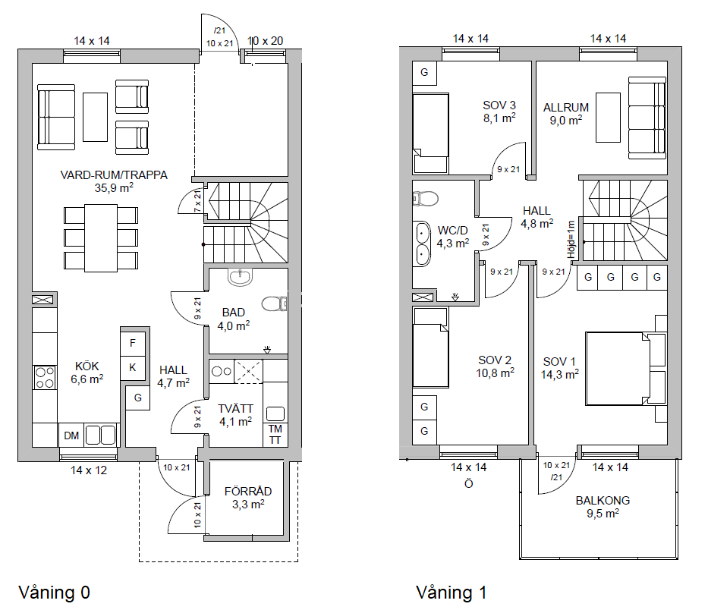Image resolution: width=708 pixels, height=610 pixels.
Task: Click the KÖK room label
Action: [87, 366]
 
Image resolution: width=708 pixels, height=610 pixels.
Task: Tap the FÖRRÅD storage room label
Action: [248, 491]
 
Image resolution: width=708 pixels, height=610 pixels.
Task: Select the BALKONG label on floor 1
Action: [603, 500]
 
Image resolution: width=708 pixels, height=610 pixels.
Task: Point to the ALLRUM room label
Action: [566, 108]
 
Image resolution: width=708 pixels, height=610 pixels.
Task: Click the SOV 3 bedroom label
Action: [499, 105]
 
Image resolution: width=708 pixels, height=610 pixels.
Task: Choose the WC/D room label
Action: [452, 231]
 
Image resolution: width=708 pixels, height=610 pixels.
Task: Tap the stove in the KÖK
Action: [45, 378]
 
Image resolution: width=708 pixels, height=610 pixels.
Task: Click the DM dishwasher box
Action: [71, 435]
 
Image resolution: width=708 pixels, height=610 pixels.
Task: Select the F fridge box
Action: [133, 343]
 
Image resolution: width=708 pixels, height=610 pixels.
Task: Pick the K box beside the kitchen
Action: [133, 367]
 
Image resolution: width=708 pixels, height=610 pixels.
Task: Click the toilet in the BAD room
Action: [274, 304]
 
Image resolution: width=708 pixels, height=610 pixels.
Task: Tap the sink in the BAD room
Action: [241, 277]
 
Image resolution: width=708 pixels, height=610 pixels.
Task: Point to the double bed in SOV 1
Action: [625, 369]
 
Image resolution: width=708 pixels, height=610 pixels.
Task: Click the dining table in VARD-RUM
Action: [101, 238]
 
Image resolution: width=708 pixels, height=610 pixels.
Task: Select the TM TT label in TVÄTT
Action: [275, 435]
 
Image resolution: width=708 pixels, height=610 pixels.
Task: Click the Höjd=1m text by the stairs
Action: [571, 239]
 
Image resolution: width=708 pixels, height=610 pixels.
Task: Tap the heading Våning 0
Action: [54, 593]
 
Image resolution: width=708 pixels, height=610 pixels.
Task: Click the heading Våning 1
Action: [451, 593]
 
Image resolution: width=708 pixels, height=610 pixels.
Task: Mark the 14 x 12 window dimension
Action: [89, 470]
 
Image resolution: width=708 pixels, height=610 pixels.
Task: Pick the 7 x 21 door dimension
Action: [198, 201]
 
